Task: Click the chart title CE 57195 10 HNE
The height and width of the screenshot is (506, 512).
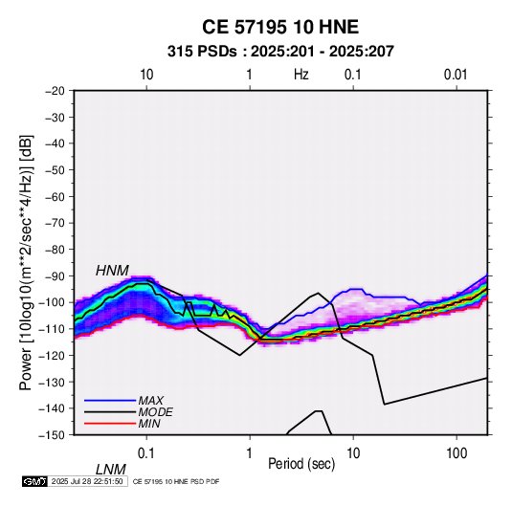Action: pos(280,27)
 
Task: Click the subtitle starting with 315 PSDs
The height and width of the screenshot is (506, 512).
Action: pos(280,52)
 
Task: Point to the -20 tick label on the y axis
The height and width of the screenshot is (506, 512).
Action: pos(55,91)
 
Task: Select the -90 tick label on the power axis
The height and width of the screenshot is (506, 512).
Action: pos(55,275)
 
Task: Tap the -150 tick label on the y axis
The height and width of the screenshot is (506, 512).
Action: pos(52,435)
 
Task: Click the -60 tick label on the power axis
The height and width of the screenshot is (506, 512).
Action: pos(55,196)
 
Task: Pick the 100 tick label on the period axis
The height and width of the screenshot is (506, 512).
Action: pos(456,453)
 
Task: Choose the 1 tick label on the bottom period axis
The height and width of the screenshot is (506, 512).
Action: pos(250,453)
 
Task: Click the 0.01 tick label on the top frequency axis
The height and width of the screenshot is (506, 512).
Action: pos(456,75)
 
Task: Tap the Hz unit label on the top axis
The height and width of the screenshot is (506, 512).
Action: pos(301,75)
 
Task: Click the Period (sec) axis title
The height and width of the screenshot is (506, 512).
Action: pos(301,464)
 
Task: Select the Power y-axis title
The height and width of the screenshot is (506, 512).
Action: pos(26,262)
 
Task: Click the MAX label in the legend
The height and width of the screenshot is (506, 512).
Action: pos(150,400)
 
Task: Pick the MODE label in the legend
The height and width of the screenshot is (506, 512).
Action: pos(155,412)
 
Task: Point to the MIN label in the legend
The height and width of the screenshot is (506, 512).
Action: pos(149,424)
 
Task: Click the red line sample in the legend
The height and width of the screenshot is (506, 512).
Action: pos(110,424)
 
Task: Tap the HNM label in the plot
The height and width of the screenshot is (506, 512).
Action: pos(112,271)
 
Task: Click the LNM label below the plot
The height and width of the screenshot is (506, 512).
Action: pos(111,470)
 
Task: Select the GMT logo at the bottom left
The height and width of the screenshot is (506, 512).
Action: pos(34,481)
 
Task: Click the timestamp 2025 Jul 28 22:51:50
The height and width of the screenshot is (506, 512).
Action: pos(87,481)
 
